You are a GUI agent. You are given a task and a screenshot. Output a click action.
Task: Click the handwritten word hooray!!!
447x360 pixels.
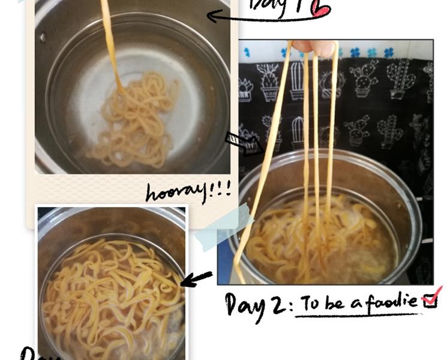pyautogui.click(x=187, y=191)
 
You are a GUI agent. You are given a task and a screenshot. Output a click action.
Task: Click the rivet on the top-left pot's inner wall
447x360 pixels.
pyautogui.click(x=43, y=37)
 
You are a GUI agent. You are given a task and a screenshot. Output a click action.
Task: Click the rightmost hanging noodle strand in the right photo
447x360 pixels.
pyautogui.click(x=332, y=120)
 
